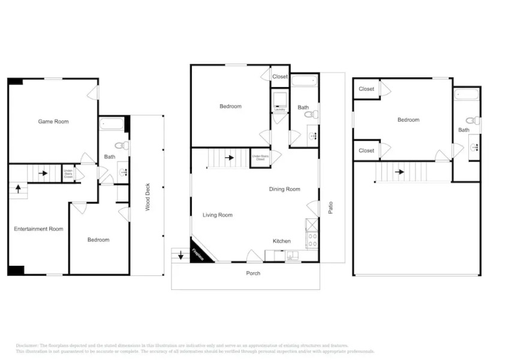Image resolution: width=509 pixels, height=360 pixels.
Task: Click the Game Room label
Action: point(53,122)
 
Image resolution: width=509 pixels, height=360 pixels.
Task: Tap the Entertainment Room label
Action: point(38,229)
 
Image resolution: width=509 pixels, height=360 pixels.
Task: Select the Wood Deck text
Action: point(147,197)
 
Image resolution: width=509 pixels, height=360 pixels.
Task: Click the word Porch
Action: point(253,274)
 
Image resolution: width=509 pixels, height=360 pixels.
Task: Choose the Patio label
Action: point(330,207)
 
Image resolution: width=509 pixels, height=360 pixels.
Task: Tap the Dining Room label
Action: point(284,190)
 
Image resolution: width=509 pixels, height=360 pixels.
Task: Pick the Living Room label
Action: point(217,215)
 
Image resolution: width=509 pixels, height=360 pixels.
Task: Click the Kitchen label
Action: point(282,241)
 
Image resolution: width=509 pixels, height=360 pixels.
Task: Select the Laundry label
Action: point(279,110)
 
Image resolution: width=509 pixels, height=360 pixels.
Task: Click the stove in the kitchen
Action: point(312,240)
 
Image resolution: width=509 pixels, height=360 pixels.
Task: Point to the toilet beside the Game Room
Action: point(122,145)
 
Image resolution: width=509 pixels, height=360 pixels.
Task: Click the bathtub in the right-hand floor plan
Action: point(466,94)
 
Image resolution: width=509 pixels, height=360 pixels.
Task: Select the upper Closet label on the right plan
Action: point(366,89)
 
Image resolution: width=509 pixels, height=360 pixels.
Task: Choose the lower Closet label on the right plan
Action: point(366,151)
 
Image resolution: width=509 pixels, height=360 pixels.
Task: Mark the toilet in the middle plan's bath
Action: point(308,114)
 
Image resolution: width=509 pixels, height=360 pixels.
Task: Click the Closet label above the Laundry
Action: point(280,77)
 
